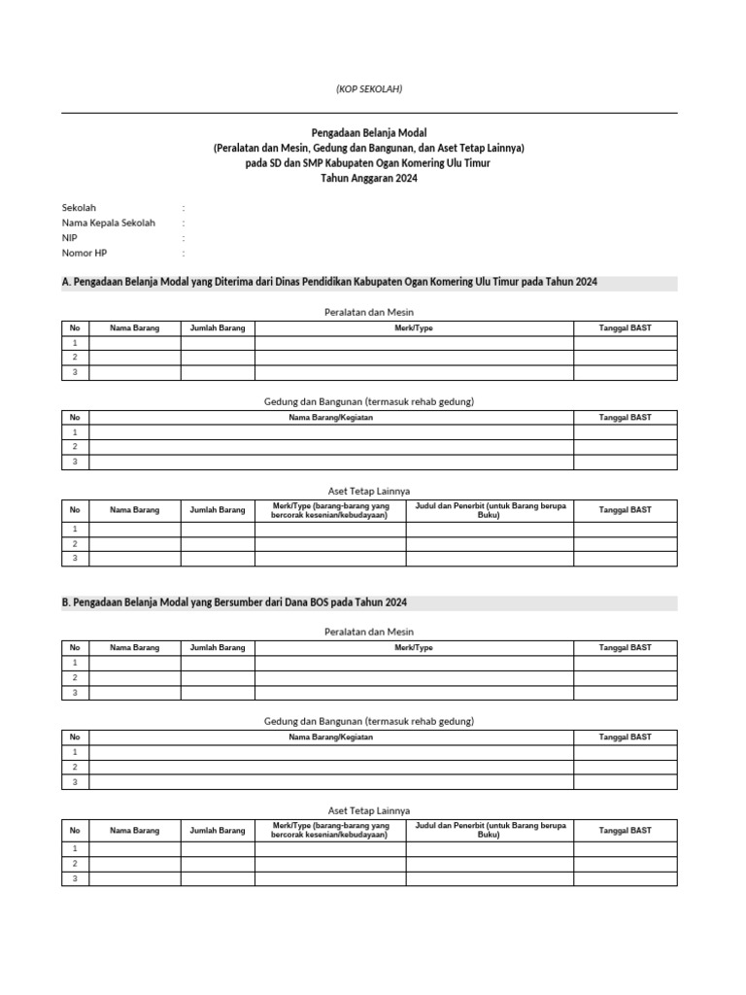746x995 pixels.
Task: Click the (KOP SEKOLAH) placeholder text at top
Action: [368, 89]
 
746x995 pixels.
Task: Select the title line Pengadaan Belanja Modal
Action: [368, 132]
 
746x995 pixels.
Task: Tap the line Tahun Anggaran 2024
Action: [368, 179]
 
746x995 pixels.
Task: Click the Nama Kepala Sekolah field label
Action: [108, 223]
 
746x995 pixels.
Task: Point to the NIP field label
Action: [70, 237]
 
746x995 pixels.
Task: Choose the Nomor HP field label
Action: [85, 253]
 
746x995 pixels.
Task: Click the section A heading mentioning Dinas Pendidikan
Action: [329, 282]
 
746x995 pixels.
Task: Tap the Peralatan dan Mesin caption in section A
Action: [368, 312]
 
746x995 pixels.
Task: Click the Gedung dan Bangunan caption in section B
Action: [368, 721]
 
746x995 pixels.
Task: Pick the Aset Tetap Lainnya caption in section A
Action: [368, 491]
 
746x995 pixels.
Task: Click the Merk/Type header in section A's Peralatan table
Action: [414, 328]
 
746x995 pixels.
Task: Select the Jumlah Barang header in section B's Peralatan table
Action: [218, 647]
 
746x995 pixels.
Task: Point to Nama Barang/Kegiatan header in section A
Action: [330, 418]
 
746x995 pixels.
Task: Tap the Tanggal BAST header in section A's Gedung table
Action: [625, 418]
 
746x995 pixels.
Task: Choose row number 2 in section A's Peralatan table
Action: [75, 358]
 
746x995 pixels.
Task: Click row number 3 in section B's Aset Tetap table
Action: [75, 878]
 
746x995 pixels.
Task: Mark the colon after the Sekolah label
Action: [183, 208]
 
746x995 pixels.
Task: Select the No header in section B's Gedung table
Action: [75, 738]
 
